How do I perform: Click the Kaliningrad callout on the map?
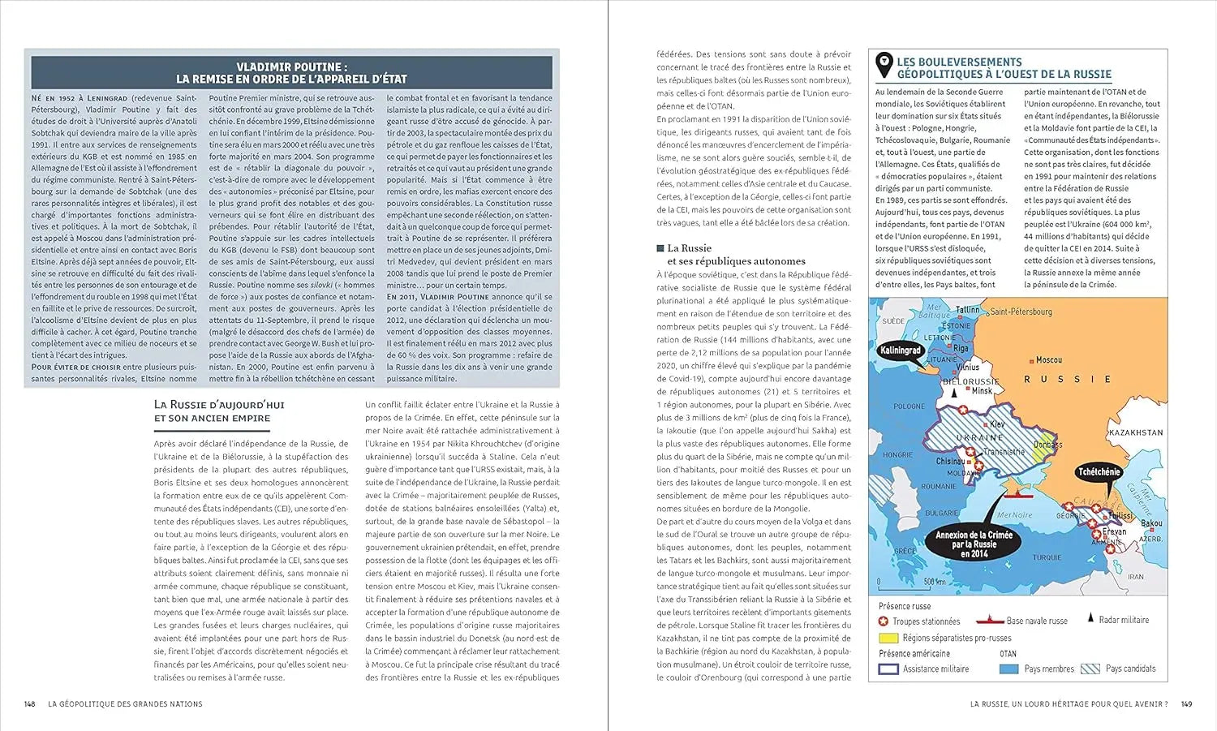(x=900, y=350)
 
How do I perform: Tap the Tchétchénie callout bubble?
(x=1099, y=471)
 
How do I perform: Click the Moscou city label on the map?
(x=1049, y=359)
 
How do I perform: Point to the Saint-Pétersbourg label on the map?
(x=1021, y=312)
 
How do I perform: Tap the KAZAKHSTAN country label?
(x=1135, y=432)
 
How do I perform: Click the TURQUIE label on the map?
(x=1047, y=557)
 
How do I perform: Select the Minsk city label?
(x=982, y=390)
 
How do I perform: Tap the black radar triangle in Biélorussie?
(x=955, y=392)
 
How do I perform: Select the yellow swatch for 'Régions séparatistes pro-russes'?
(x=888, y=638)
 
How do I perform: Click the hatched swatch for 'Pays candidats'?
(x=1090, y=669)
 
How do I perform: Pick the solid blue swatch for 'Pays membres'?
(x=1008, y=669)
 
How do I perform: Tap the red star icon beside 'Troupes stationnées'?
(x=884, y=621)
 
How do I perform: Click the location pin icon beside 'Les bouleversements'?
(x=884, y=65)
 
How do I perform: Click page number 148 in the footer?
(x=30, y=704)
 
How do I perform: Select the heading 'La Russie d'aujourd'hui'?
(x=219, y=405)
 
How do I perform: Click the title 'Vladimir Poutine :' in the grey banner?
(x=291, y=67)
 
